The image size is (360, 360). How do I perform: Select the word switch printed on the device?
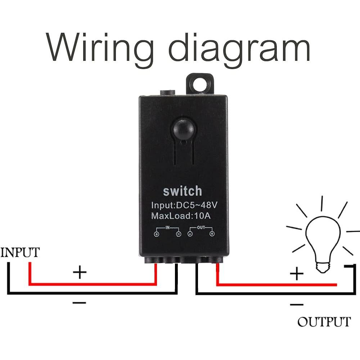(x=183, y=191)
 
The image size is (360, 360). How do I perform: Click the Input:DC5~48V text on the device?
(x=184, y=206)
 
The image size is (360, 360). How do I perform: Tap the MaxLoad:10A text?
(x=183, y=216)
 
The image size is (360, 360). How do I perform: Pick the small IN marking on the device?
(x=167, y=228)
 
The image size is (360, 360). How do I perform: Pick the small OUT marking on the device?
(x=201, y=228)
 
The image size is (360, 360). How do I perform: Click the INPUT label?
(x=20, y=252)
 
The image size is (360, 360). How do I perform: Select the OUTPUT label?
(x=324, y=321)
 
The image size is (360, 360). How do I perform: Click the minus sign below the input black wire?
(x=80, y=302)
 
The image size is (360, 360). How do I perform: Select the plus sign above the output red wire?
(x=297, y=274)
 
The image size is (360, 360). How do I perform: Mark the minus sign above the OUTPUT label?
(x=296, y=305)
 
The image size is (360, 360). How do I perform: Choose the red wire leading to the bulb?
(x=277, y=285)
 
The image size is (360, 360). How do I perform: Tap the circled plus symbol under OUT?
(x=212, y=234)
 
